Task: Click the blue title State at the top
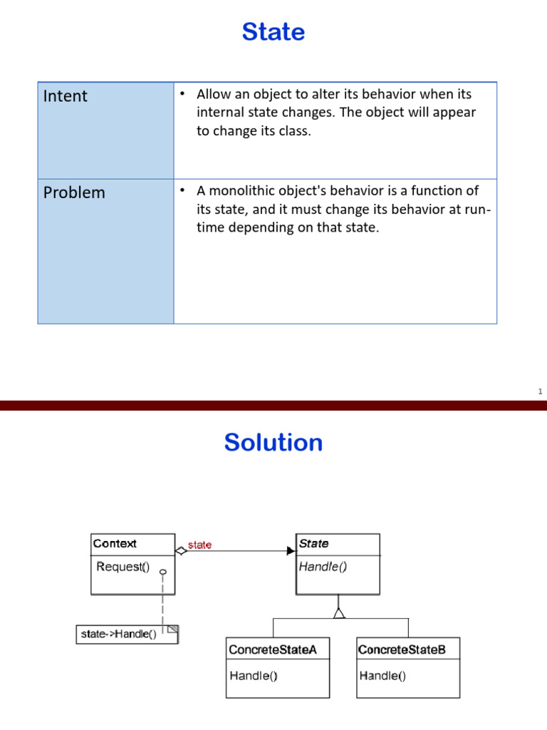pos(273,32)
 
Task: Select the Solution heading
pos(273,443)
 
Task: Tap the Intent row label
pos(66,96)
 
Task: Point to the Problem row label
pos(74,192)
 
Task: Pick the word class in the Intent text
pos(296,131)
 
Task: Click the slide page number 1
pos(540,391)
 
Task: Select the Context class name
pos(115,544)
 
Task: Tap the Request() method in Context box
pos(123,567)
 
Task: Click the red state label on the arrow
pos(199,545)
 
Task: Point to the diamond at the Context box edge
pos(181,550)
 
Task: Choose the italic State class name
pos(313,544)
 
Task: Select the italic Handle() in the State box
pos(323,567)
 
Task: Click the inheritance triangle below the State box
pos(339,612)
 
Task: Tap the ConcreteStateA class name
pos(268,649)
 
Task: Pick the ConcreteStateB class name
pos(402,649)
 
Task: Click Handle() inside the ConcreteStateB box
pos(382,675)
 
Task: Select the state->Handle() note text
pos(119,634)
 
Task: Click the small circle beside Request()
pos(163,572)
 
